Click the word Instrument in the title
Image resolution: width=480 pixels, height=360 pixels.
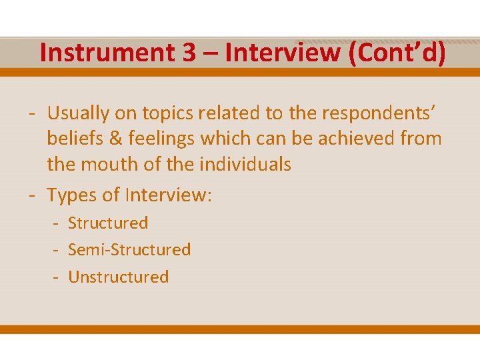[x=106, y=53]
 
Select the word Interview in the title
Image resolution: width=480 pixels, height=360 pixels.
[x=283, y=53]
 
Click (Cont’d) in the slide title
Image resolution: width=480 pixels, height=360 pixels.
[x=396, y=53]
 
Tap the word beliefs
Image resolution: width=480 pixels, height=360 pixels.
[x=71, y=139]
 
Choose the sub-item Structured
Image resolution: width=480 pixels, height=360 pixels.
[x=108, y=223]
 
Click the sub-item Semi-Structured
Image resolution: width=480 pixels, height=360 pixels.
[x=129, y=250]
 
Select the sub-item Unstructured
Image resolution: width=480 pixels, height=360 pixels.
[x=119, y=277]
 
